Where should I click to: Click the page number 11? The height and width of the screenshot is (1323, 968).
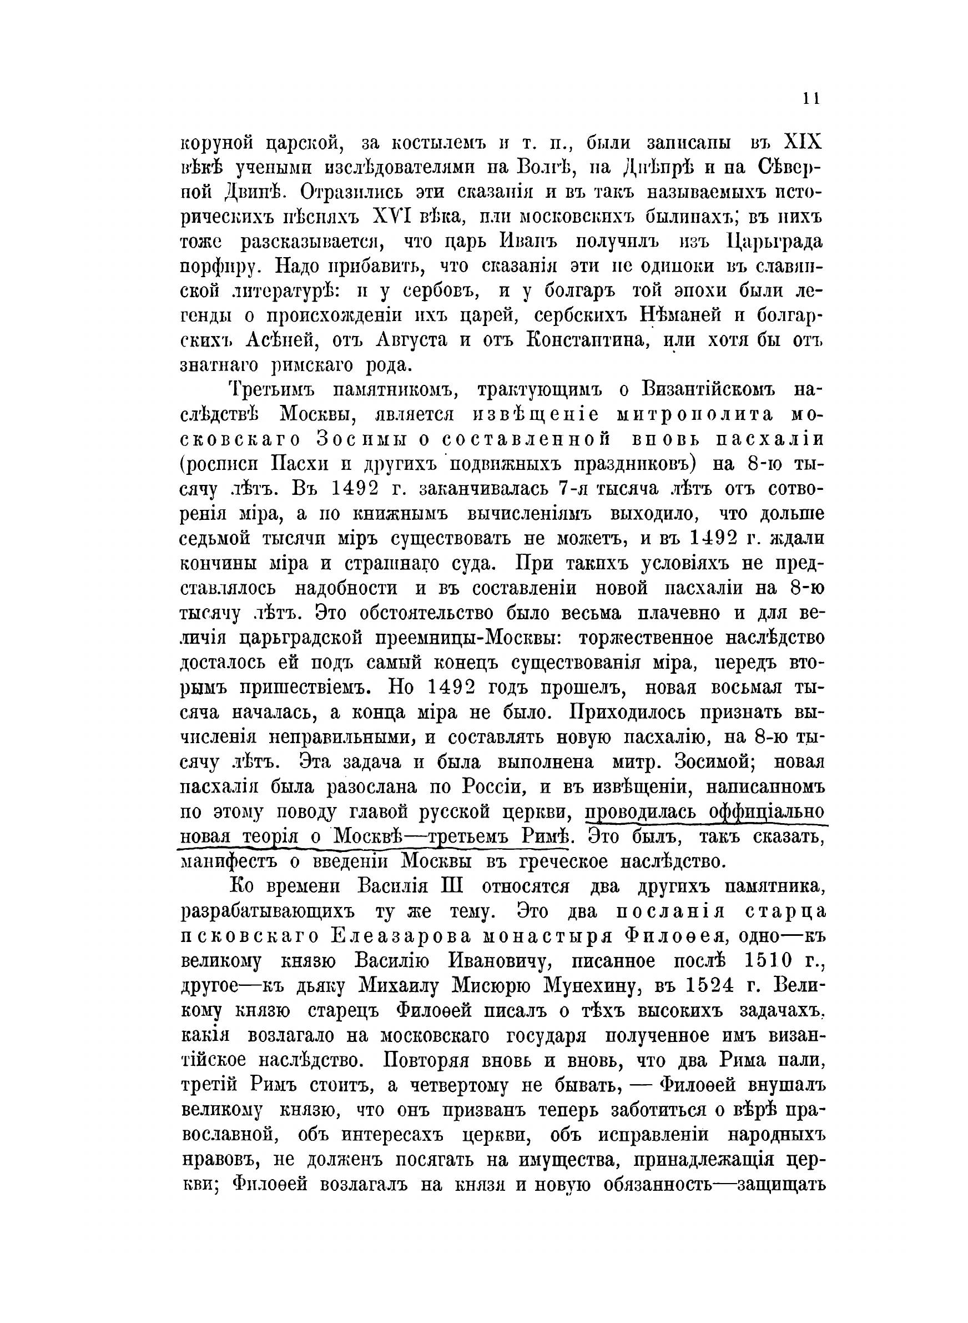click(x=810, y=99)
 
